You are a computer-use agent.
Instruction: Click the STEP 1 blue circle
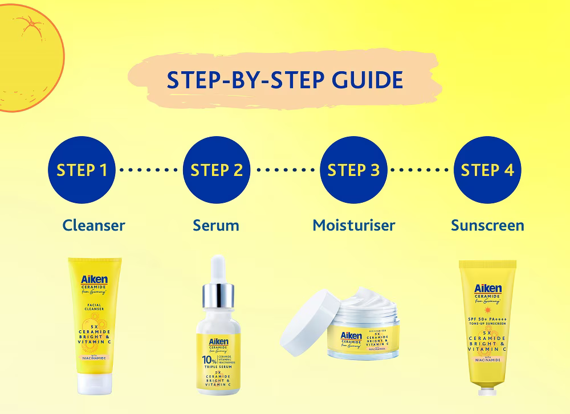(x=82, y=170)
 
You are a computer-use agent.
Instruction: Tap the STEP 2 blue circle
(x=217, y=170)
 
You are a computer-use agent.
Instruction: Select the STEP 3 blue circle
(x=353, y=170)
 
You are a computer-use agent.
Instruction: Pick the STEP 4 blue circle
(x=487, y=170)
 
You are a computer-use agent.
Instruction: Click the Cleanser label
(x=93, y=225)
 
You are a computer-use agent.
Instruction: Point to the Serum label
(x=216, y=225)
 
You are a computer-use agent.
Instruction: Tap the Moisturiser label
(x=353, y=225)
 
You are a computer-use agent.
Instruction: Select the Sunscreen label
(x=487, y=225)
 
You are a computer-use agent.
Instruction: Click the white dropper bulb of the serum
(x=217, y=270)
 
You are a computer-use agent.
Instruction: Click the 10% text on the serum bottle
(x=209, y=360)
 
